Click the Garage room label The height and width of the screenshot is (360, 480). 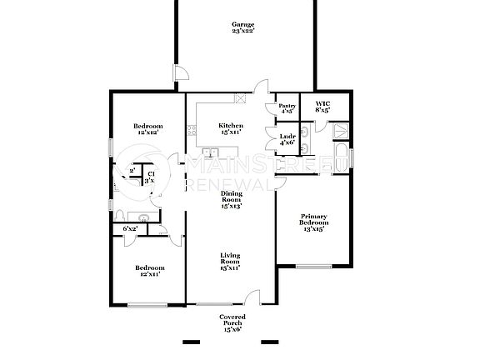pyautogui.click(x=242, y=27)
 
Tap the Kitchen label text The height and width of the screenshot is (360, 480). pyautogui.click(x=231, y=129)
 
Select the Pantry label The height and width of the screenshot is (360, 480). pyautogui.click(x=287, y=108)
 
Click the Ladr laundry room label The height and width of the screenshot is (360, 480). pyautogui.click(x=287, y=139)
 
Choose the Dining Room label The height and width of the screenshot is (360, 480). pyautogui.click(x=231, y=200)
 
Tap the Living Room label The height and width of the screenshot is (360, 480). pyautogui.click(x=231, y=261)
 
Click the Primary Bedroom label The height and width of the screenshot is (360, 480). pyautogui.click(x=314, y=223)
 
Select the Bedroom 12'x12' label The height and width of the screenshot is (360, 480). pyautogui.click(x=147, y=129)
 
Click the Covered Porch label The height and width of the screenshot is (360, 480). pyautogui.click(x=231, y=324)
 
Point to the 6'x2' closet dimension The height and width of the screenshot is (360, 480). pyautogui.click(x=131, y=228)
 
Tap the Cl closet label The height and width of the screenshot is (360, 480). pyautogui.click(x=151, y=177)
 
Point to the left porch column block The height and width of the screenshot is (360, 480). pyautogui.click(x=192, y=342)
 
